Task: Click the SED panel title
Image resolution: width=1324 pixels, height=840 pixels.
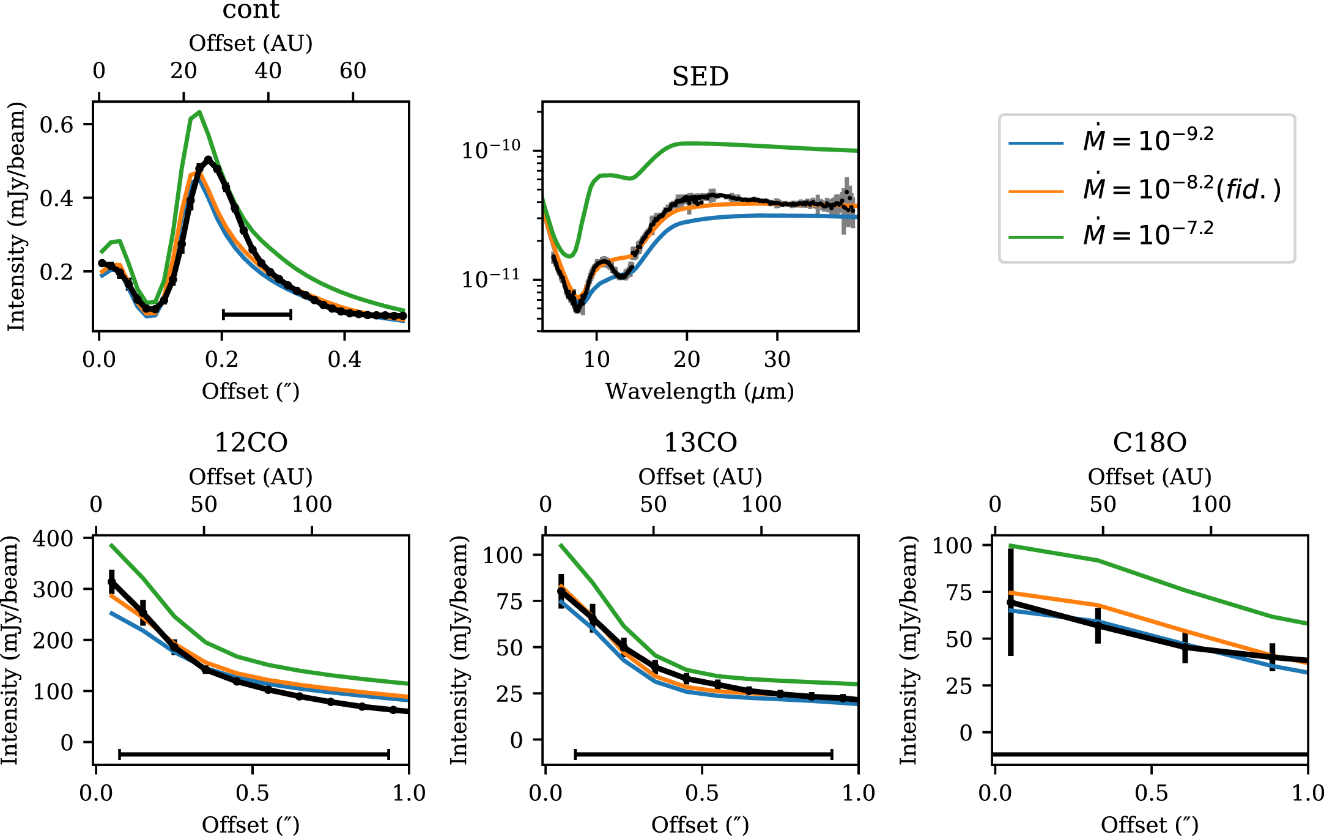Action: click(x=700, y=77)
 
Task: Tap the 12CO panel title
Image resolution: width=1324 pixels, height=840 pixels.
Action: click(x=251, y=443)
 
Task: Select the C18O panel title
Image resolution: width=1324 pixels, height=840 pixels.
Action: click(x=1150, y=443)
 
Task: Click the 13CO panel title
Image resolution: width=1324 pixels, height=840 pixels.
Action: click(x=700, y=443)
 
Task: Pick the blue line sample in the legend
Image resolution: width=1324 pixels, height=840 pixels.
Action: click(x=1036, y=143)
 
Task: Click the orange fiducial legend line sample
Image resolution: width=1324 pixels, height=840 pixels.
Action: click(x=1036, y=191)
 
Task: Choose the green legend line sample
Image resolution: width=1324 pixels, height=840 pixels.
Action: click(x=1036, y=237)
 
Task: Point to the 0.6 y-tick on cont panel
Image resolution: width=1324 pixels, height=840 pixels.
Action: click(x=56, y=125)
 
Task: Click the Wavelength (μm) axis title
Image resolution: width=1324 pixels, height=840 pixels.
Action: click(x=700, y=391)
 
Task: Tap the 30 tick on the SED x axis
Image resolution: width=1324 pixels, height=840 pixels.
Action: click(x=777, y=359)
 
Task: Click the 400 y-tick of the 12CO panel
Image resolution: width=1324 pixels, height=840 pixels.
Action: click(x=53, y=539)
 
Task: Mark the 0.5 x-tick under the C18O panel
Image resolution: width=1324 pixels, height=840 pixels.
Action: click(x=1151, y=793)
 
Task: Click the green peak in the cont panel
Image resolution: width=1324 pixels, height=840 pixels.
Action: click(x=199, y=112)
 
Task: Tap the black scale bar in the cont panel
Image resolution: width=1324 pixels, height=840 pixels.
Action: click(x=257, y=314)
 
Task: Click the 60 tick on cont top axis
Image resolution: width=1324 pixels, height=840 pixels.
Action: click(x=353, y=71)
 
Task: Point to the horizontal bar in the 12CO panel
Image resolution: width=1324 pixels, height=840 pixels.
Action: click(x=254, y=754)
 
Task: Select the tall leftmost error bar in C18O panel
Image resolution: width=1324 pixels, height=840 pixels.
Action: click(x=1011, y=602)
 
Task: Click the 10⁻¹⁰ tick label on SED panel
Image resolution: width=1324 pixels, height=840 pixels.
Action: click(x=490, y=149)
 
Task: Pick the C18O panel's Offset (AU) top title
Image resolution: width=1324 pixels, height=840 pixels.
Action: click(x=1150, y=477)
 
